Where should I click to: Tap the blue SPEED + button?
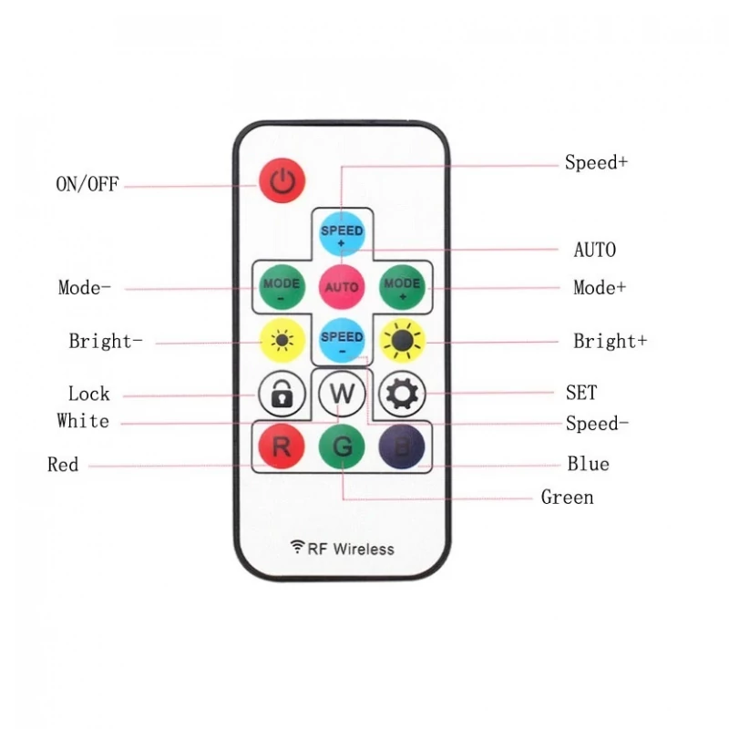tap(342, 234)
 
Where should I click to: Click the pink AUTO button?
tap(342, 287)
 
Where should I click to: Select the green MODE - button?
tap(282, 287)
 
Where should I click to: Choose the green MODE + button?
tap(402, 287)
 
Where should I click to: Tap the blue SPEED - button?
tap(342, 340)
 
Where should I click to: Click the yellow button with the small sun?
tap(282, 340)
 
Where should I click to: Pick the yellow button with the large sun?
tap(402, 341)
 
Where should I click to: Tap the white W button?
tap(343, 394)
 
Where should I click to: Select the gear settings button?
tap(402, 394)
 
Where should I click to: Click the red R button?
tap(282, 447)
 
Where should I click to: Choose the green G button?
tap(342, 447)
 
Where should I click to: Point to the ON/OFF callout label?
tap(87, 184)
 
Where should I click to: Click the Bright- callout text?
tap(106, 341)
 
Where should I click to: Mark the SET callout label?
tap(581, 393)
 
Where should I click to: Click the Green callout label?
tap(567, 498)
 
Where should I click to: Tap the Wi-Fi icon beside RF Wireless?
tap(297, 546)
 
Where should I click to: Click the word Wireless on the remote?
tap(364, 549)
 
